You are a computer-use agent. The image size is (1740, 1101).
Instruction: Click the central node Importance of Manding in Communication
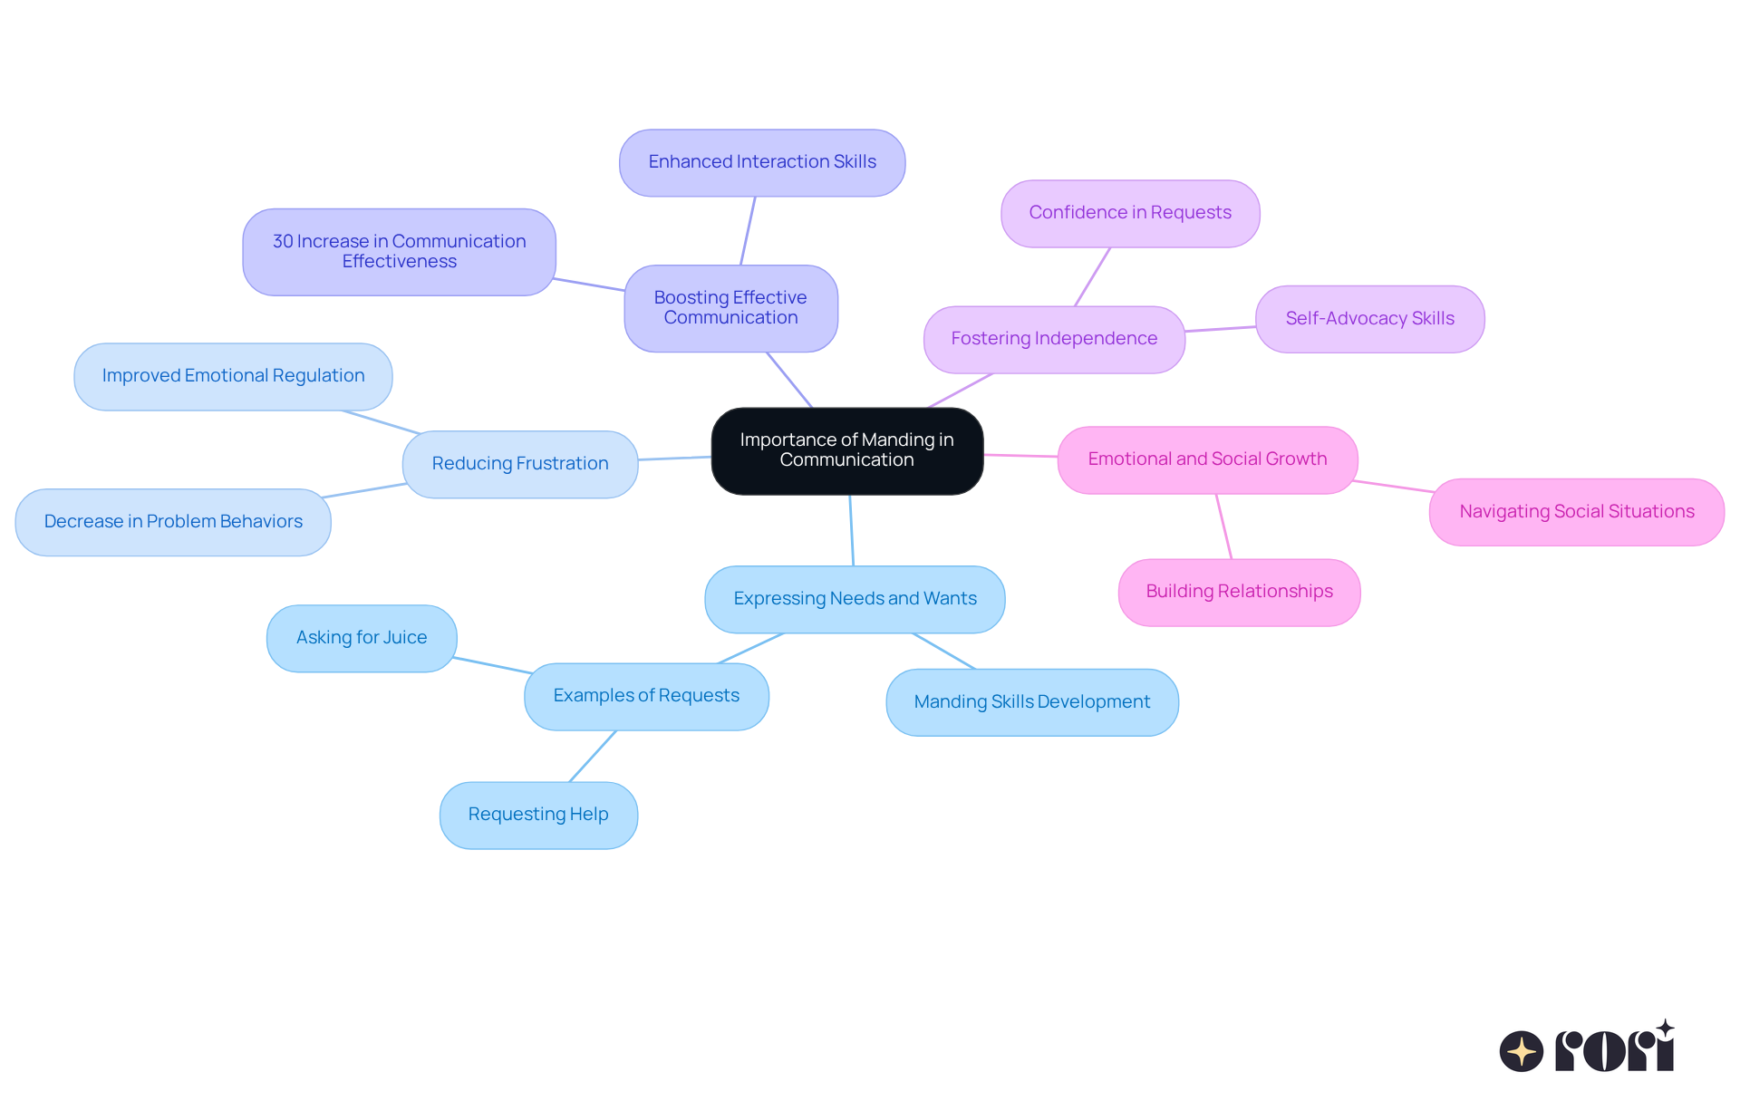[x=846, y=450]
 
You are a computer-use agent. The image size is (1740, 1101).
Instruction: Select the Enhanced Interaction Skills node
[x=762, y=162]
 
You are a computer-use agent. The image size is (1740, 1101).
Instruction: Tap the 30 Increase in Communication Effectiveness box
[x=399, y=252]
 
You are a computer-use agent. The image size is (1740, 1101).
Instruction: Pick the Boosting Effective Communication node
[x=730, y=308]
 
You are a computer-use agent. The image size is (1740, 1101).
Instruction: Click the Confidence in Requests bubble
[x=1130, y=213]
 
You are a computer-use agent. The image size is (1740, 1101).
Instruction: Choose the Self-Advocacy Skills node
[x=1369, y=319]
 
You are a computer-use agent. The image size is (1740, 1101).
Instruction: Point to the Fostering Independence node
[x=1054, y=339]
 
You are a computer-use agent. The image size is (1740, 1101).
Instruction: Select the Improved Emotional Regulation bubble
[x=233, y=376]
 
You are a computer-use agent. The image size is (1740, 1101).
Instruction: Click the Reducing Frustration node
[x=520, y=464]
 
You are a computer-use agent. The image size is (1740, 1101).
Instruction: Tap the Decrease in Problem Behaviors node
[x=173, y=522]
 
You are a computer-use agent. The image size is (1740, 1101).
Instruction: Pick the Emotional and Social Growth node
[x=1207, y=459]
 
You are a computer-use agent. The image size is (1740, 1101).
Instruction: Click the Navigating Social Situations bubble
[x=1576, y=512]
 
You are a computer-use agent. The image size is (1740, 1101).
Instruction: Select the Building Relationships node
[x=1239, y=592]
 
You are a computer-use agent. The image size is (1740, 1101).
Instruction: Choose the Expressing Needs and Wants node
[x=855, y=599]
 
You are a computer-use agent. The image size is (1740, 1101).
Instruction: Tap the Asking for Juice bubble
[x=362, y=638]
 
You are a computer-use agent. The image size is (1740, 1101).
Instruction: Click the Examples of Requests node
[x=646, y=696]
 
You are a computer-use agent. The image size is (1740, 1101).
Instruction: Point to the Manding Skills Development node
[x=1031, y=702]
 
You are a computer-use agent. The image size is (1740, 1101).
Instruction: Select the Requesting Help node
[x=538, y=815]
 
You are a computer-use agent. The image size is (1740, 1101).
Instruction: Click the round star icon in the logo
[x=1521, y=1051]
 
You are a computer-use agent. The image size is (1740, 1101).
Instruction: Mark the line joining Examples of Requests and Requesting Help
[x=593, y=756]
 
